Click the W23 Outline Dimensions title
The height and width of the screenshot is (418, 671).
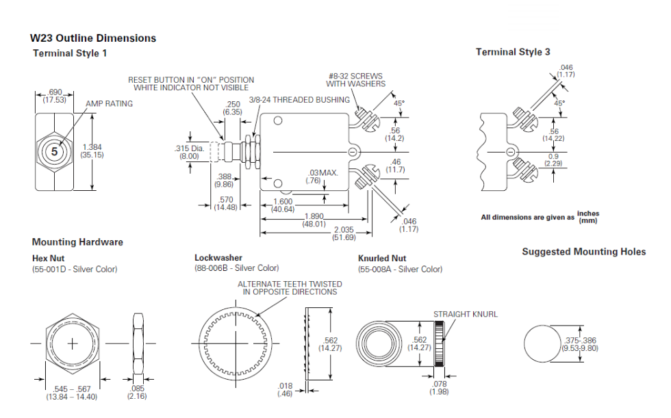[x=93, y=38]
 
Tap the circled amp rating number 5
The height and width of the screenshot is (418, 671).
[x=55, y=151]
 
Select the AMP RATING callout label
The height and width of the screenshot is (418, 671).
[x=110, y=104]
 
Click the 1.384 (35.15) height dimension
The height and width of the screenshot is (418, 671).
[x=92, y=151]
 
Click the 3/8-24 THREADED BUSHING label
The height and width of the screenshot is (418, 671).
[x=299, y=100]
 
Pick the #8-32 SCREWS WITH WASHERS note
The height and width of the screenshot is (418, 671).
[x=355, y=80]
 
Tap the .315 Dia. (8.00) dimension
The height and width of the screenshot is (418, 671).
[x=186, y=152]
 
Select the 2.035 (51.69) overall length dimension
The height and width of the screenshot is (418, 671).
[x=343, y=234]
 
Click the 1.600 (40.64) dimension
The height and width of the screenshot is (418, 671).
[x=283, y=205]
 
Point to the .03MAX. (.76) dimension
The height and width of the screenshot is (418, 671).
[x=323, y=177]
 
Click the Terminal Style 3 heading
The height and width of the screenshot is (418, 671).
[x=513, y=52]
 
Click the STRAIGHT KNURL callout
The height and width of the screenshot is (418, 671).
[x=465, y=315]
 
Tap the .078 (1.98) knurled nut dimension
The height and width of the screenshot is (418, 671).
[x=439, y=387]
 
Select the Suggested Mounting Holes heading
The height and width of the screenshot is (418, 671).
[x=583, y=252]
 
